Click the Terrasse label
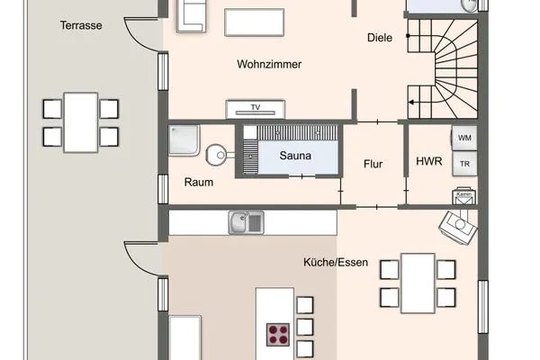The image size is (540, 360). coord(81,25)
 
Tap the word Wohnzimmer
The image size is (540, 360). coord(269,65)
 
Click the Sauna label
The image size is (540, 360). coord(295,155)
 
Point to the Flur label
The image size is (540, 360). coord(373,164)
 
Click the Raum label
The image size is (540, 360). coord(199,181)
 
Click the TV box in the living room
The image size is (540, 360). coord(256,108)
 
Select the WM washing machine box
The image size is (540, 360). coord(464,138)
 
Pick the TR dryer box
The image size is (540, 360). coord(464,164)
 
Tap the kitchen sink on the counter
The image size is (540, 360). coord(246,220)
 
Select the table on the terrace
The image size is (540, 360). coord(81,121)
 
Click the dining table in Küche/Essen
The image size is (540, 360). coord(418,282)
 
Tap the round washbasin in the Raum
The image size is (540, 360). coord(216,155)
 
